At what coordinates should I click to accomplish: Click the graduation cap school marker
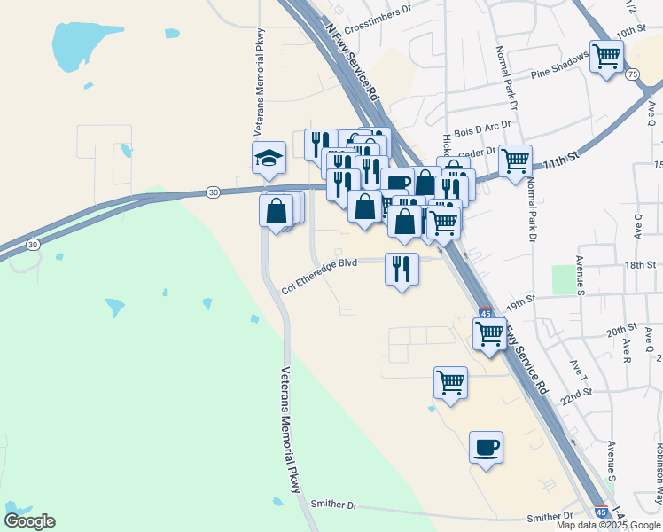click(x=269, y=158)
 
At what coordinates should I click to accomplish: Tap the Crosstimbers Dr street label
click(x=378, y=11)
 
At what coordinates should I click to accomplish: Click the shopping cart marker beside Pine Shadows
click(x=607, y=57)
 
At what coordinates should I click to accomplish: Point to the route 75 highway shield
click(x=632, y=76)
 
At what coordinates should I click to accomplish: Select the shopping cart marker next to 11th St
click(x=515, y=161)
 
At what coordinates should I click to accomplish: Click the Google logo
click(x=29, y=521)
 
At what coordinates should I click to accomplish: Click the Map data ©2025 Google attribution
click(x=608, y=525)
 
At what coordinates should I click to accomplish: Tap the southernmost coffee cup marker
click(x=485, y=447)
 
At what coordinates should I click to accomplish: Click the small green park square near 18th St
click(x=563, y=279)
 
